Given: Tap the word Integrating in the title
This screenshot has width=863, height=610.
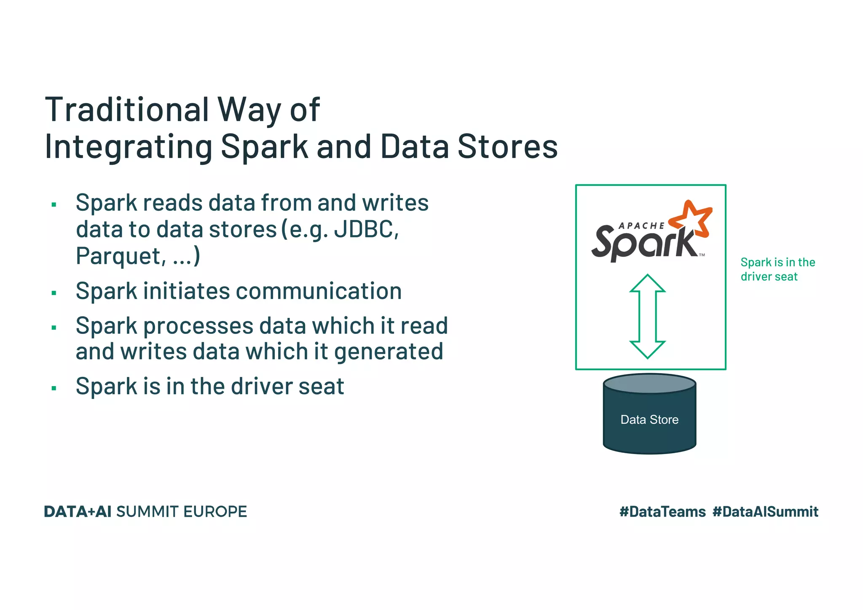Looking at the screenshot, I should pyautogui.click(x=129, y=147).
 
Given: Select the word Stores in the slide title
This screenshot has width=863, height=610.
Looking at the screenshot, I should pyautogui.click(x=507, y=147).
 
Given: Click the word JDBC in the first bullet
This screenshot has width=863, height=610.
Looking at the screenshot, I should pyautogui.click(x=365, y=230).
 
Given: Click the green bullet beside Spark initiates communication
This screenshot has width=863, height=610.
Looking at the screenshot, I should pyautogui.click(x=54, y=293).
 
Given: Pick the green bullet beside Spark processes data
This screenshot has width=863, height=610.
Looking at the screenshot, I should pyautogui.click(x=54, y=328).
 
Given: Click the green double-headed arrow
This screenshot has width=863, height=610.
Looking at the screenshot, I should pyautogui.click(x=647, y=316).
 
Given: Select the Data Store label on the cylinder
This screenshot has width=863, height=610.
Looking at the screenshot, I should pyautogui.click(x=649, y=419).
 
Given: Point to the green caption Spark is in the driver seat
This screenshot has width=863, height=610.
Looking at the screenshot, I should pyautogui.click(x=777, y=269).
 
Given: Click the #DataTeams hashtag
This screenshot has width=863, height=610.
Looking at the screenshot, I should pyautogui.click(x=662, y=512).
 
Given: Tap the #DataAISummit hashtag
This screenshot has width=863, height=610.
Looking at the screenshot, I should pyautogui.click(x=765, y=512).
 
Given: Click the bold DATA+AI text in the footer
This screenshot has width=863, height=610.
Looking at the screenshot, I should pyautogui.click(x=78, y=512).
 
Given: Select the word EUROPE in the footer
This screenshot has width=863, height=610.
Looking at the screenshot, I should pyautogui.click(x=215, y=512).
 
